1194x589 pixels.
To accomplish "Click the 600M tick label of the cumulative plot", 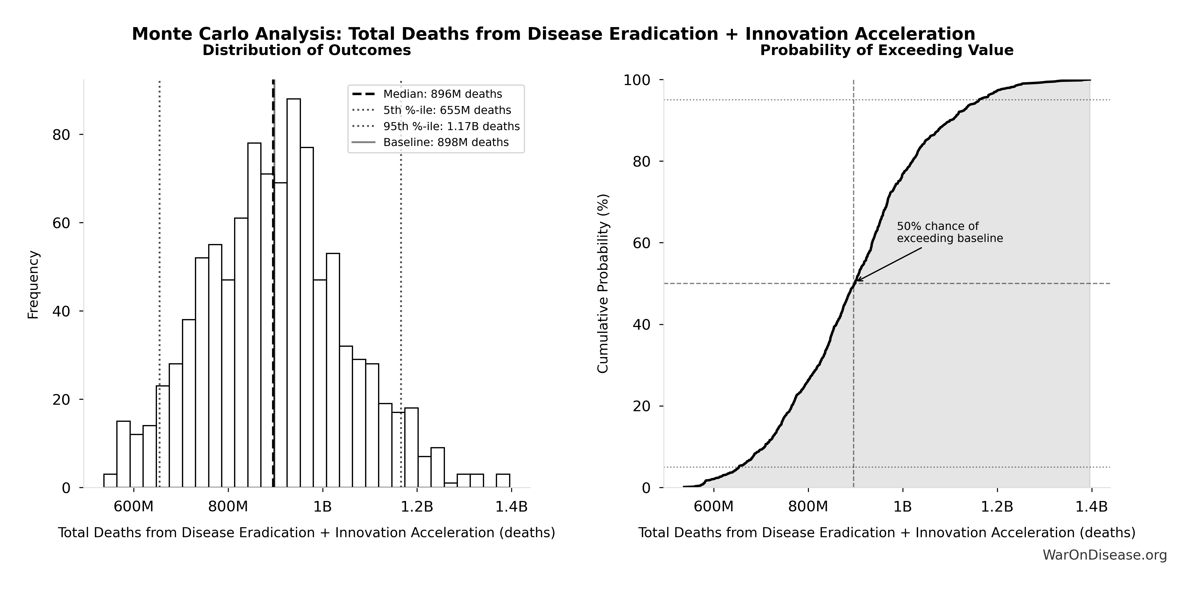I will (713, 507).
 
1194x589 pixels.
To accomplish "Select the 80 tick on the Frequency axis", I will (61, 135).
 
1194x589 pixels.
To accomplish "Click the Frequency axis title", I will (33, 285).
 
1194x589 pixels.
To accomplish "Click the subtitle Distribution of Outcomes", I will (307, 50).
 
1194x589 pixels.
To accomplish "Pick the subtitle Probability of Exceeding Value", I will (887, 50).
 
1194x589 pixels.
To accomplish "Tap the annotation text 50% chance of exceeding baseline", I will (949, 232).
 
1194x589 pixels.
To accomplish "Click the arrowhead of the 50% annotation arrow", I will (857, 280).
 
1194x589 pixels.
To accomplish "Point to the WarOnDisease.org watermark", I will (1104, 555).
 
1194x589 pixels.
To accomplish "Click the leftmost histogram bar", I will (110, 481).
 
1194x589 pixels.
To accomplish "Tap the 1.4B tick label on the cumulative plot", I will (1091, 507).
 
